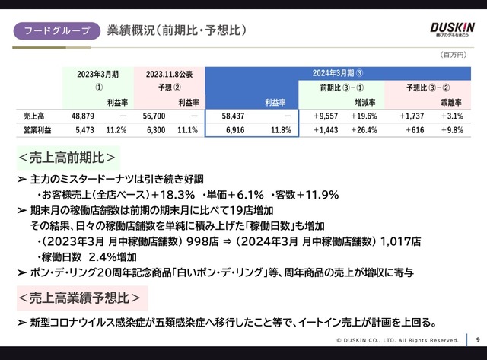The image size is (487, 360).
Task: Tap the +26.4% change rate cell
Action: pos(363,130)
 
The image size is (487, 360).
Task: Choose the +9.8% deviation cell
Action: pos(451,130)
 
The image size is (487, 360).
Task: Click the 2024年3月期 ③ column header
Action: pos(338,74)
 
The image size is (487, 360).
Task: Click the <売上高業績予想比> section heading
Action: pos(80,296)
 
